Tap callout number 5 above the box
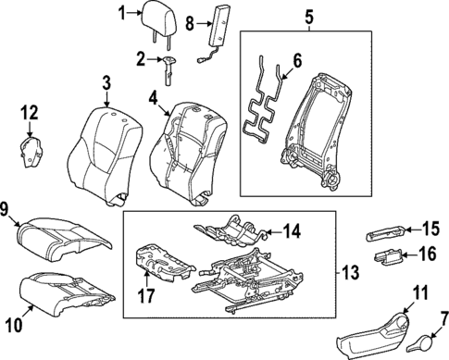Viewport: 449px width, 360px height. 309,16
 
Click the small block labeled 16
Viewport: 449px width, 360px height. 387,257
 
